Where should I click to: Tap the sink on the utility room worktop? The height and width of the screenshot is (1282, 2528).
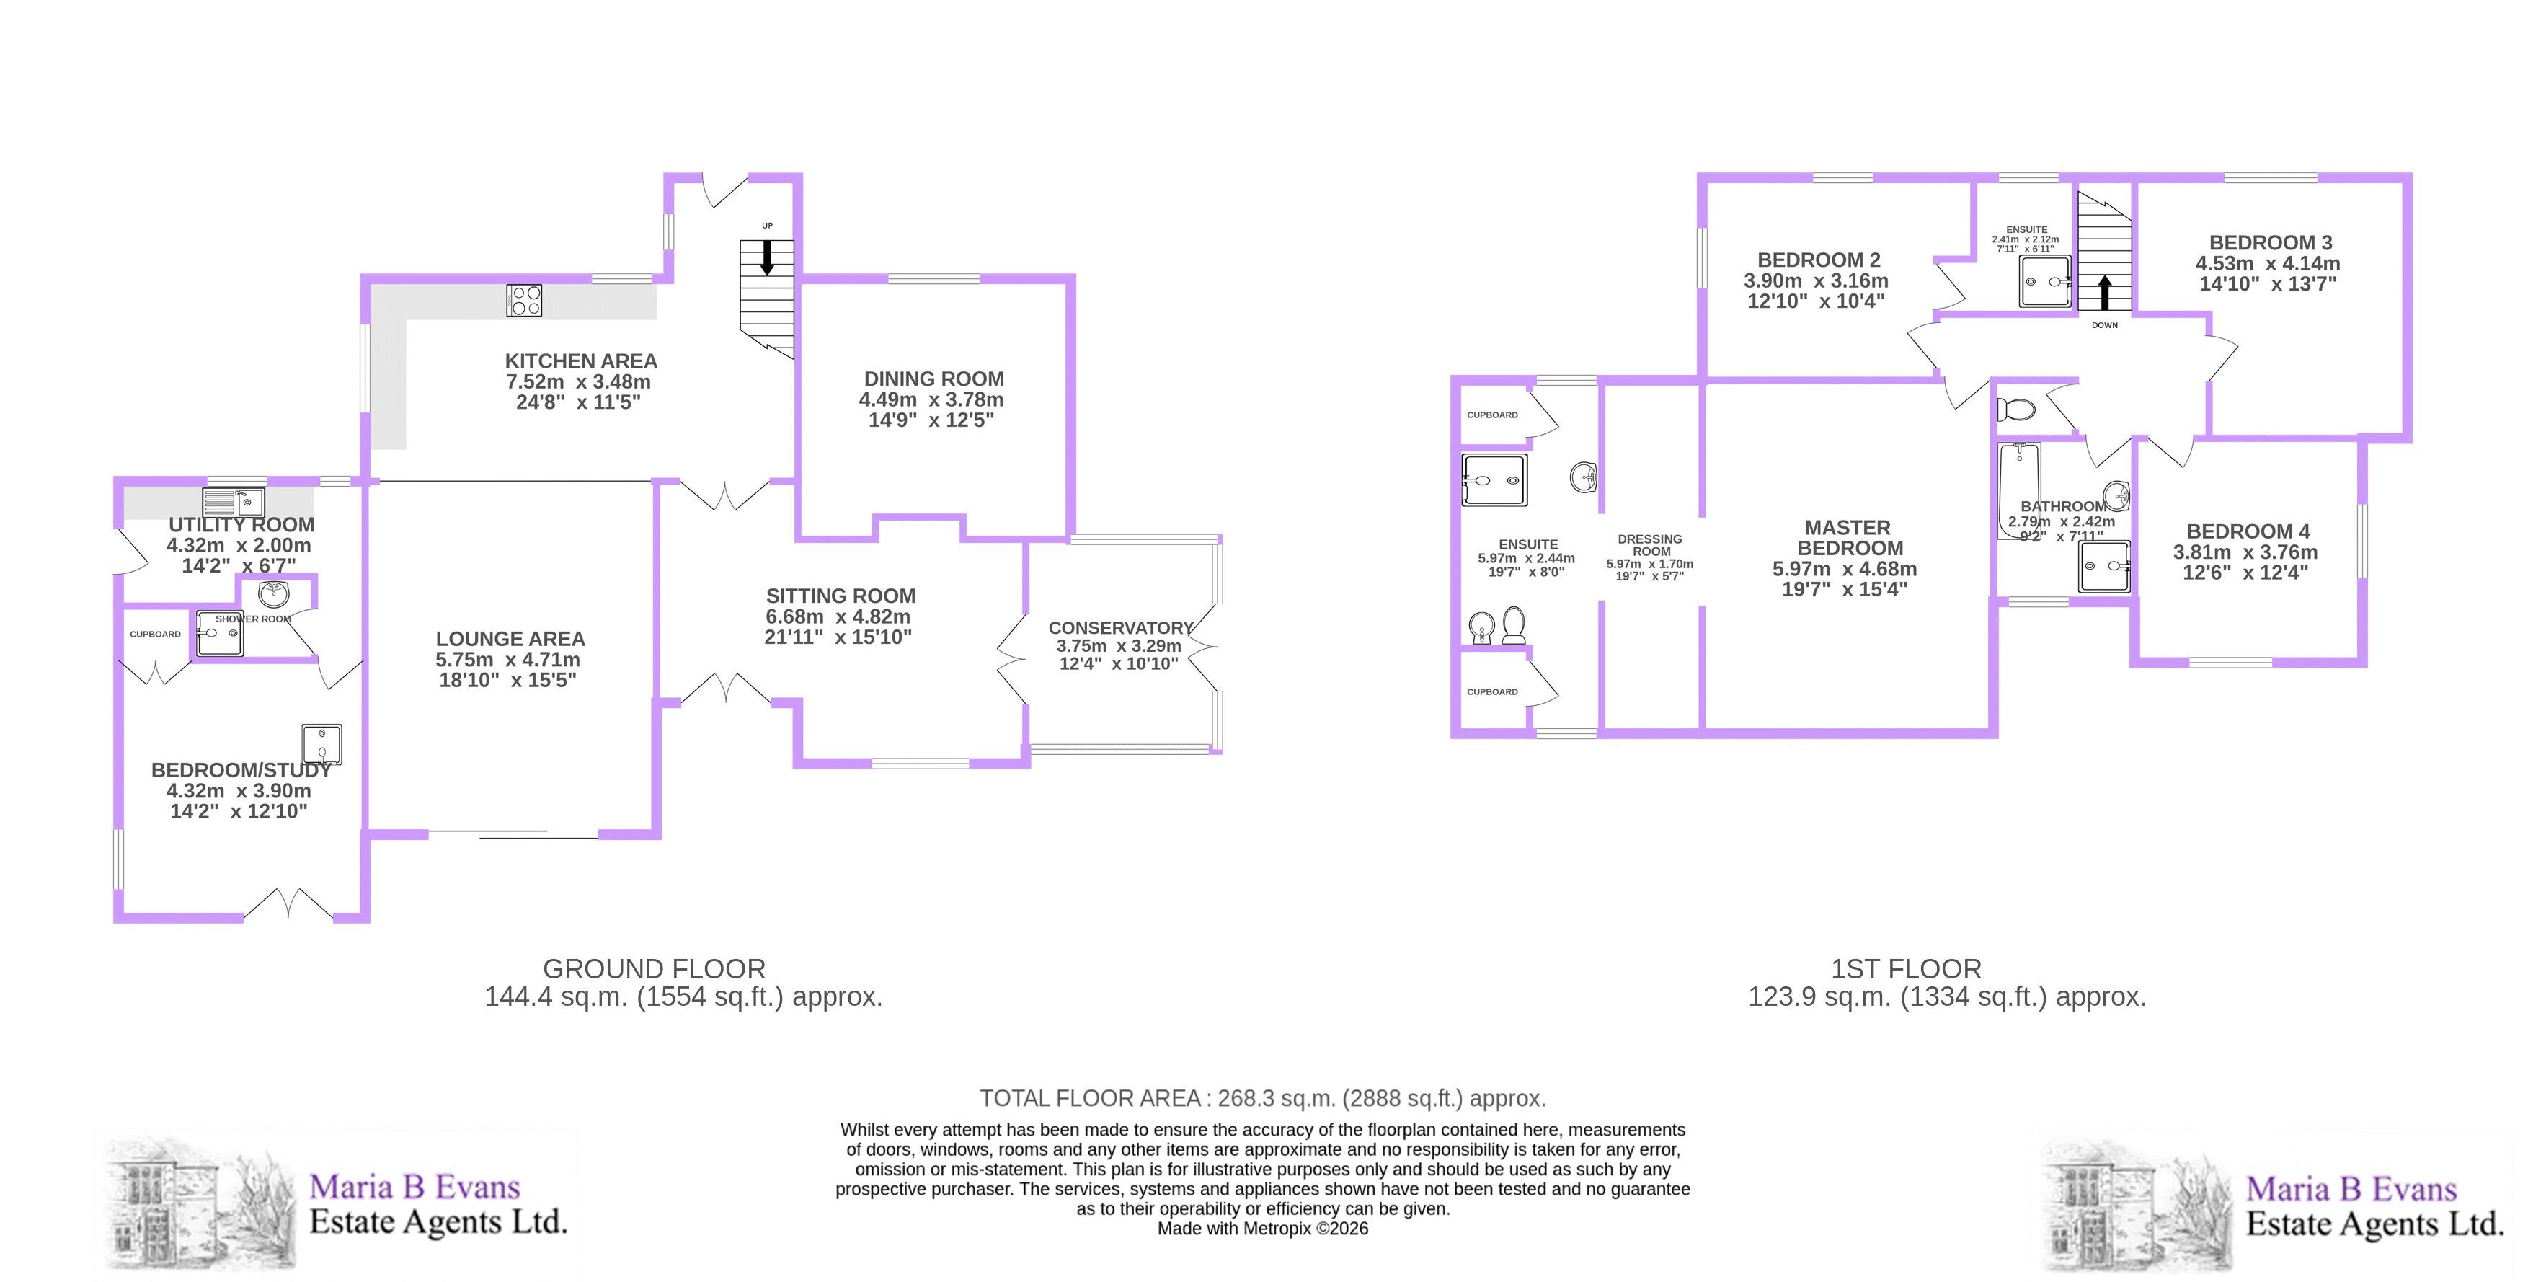[234, 503]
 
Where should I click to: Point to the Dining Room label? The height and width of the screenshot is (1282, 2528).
[933, 379]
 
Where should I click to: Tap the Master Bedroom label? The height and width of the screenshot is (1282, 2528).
[1849, 538]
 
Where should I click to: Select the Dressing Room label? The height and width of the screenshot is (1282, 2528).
[1650, 545]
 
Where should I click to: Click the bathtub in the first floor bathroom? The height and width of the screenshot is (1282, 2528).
[2018, 491]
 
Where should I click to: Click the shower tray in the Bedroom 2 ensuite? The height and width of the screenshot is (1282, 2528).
[2045, 282]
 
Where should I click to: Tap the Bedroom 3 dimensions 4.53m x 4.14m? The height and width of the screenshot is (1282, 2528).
[2267, 263]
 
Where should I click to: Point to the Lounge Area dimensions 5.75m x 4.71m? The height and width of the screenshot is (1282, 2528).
[507, 660]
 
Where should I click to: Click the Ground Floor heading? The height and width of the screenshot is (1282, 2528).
[654, 969]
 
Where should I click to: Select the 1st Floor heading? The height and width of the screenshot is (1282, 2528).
[1906, 969]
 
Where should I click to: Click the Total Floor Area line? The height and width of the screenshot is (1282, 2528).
[1262, 1098]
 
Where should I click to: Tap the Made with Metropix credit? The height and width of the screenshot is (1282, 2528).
[1262, 1228]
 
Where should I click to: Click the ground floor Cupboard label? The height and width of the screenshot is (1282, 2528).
[155, 634]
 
